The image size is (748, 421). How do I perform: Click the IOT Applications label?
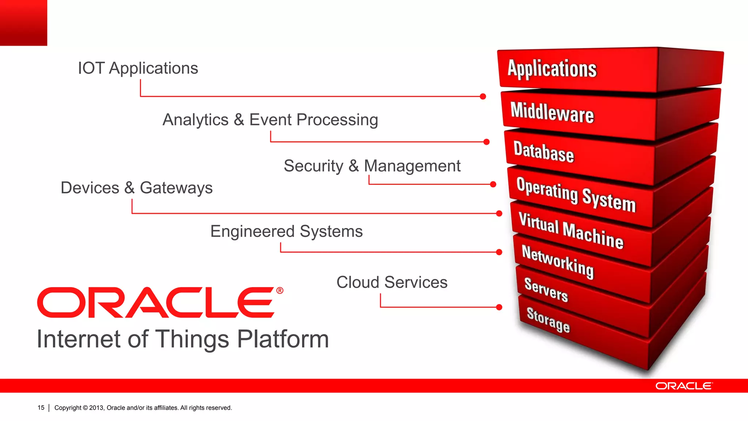tap(138, 68)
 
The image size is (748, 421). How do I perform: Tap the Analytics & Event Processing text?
tap(270, 120)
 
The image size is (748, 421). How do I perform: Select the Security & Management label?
tap(372, 166)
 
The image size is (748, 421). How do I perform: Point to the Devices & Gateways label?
tap(136, 188)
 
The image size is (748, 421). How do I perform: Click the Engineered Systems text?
tap(286, 231)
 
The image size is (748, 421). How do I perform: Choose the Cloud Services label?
tap(392, 282)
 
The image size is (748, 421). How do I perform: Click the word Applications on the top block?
tap(552, 69)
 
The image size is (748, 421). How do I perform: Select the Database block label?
tap(543, 151)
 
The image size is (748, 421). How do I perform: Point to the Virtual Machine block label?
tap(570, 230)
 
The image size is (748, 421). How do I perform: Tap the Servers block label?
tap(546, 289)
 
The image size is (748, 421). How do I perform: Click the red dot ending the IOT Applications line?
tap(483, 96)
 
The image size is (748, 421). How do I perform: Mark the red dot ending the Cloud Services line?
tap(499, 307)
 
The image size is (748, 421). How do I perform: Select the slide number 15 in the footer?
tap(41, 407)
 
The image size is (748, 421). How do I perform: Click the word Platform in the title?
tap(283, 339)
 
